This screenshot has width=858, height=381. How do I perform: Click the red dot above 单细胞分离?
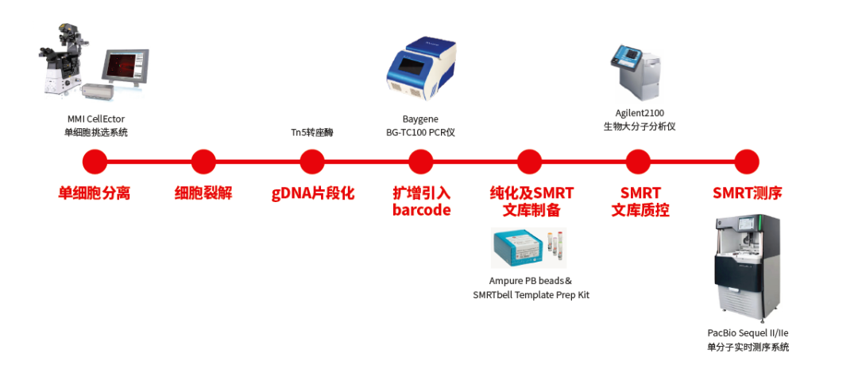coord(95,161)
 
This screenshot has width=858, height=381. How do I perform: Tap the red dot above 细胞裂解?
coord(203,161)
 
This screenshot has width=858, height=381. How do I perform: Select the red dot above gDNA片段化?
coord(312,161)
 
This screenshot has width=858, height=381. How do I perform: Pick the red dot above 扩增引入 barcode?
coord(421,161)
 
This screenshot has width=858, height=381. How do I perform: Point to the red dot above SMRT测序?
coord(747,161)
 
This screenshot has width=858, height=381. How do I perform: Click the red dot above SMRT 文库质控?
coord(638,161)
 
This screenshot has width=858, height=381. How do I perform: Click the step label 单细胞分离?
coord(95,193)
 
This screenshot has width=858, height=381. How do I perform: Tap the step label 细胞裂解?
coord(203,193)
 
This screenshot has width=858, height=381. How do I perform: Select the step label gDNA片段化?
coord(312,193)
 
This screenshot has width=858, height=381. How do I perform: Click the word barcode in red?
coord(421,211)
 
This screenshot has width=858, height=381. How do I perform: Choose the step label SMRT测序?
coord(747,193)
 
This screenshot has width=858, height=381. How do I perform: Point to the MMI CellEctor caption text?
coord(96,119)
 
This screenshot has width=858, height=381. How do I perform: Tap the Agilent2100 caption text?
coord(638,113)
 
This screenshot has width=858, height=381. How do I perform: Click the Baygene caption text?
coord(420,119)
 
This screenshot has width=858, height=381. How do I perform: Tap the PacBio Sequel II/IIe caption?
coord(748,332)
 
